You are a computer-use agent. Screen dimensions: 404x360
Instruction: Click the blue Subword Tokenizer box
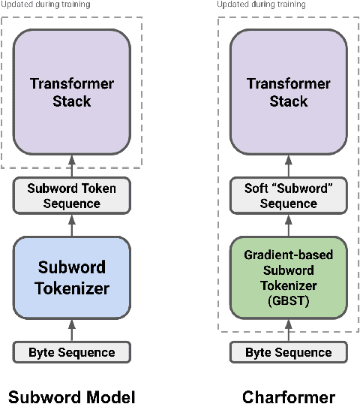tap(72, 277)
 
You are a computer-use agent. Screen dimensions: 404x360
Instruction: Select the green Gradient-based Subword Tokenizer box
tap(289, 277)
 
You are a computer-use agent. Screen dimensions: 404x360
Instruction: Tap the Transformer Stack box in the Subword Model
tap(72, 92)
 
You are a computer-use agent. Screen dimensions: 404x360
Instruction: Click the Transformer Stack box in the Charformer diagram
tap(289, 92)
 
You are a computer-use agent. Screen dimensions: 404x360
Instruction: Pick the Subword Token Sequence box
tap(72, 196)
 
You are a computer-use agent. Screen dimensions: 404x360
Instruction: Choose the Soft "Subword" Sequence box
tap(289, 196)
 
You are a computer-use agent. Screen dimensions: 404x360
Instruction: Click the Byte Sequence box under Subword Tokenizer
tap(72, 352)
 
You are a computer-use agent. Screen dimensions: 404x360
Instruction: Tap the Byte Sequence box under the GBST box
tap(289, 352)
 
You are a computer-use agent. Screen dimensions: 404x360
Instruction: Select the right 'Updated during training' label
tap(262, 5)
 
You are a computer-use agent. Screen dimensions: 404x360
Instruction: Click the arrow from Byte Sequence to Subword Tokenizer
tap(72, 330)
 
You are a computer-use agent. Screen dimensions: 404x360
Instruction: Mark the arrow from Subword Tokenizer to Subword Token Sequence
tap(72, 225)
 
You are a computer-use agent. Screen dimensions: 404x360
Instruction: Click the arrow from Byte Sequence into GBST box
tap(289, 330)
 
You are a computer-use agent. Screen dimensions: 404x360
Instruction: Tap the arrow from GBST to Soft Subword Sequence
tap(289, 225)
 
